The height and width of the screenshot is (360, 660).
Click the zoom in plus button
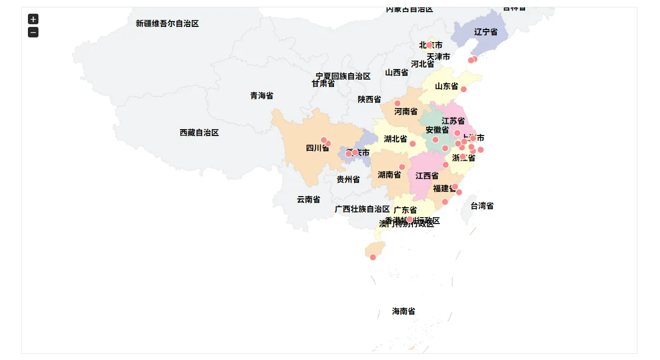tap(33, 19)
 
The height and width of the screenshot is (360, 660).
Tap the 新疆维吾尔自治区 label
tap(167, 24)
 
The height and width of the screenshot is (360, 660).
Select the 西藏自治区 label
tap(199, 133)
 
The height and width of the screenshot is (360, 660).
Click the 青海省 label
tap(261, 96)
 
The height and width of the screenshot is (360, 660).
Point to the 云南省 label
tap(308, 200)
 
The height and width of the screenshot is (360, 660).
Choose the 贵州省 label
tap(348, 180)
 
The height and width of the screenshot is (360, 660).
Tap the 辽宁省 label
tap(485, 32)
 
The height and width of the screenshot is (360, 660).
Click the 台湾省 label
tap(482, 206)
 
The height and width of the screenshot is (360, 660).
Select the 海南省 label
tap(403, 312)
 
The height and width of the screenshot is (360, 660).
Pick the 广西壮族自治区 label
tap(362, 209)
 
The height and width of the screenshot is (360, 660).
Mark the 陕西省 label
tap(369, 100)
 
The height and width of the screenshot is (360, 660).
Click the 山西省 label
tap(396, 73)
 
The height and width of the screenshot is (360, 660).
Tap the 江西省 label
tap(427, 176)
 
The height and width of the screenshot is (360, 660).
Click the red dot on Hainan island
tap(373, 257)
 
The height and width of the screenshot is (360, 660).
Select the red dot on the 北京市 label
tap(429, 45)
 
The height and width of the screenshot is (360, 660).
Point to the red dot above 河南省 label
tap(397, 103)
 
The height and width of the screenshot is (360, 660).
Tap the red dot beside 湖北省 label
tap(412, 144)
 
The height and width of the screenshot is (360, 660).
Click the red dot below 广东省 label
tap(409, 219)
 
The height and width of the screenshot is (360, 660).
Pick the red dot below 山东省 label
tap(464, 89)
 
